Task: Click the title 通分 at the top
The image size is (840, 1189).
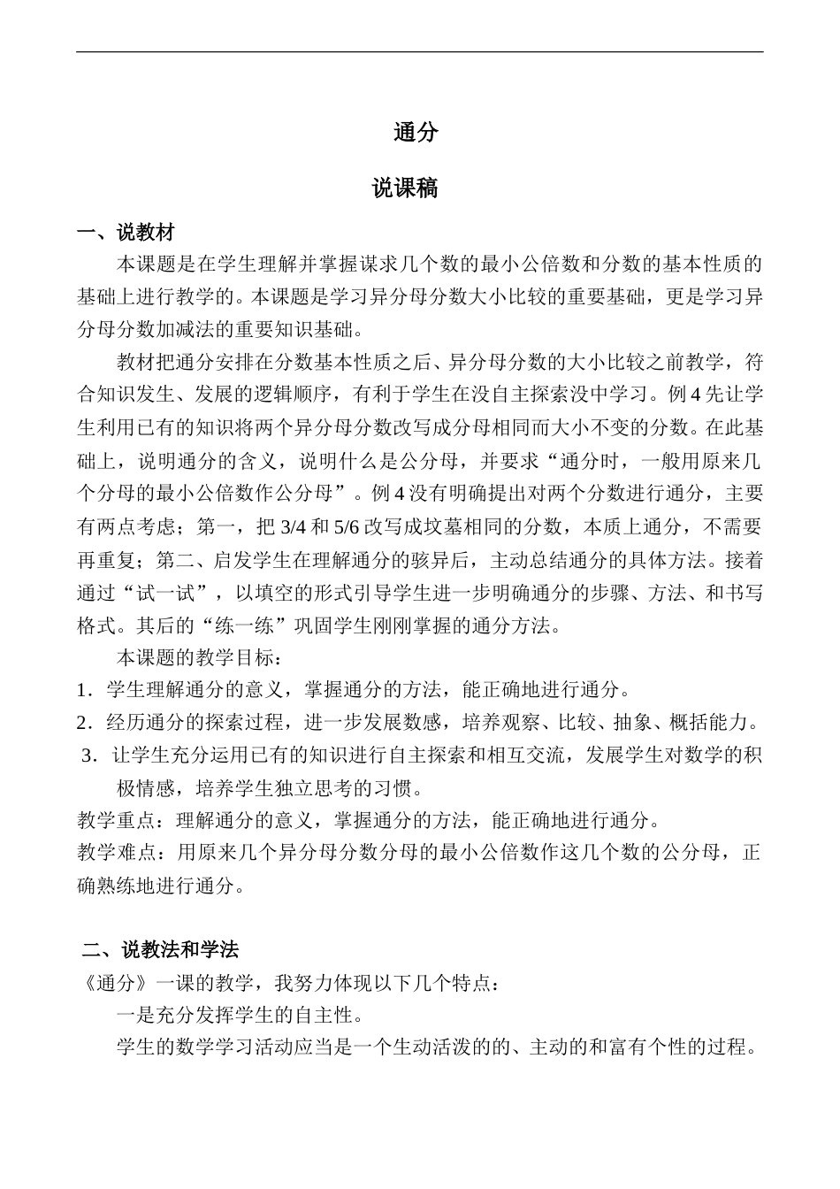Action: pos(416,133)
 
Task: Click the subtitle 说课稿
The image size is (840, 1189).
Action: pos(404,188)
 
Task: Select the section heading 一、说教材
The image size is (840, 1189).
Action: pos(126,233)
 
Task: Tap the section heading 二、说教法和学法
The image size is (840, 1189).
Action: pos(160,950)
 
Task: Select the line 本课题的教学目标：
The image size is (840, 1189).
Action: pos(200,658)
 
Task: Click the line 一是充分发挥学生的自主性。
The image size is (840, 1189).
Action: pos(240,1015)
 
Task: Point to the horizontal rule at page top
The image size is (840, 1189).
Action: pos(419,52)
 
